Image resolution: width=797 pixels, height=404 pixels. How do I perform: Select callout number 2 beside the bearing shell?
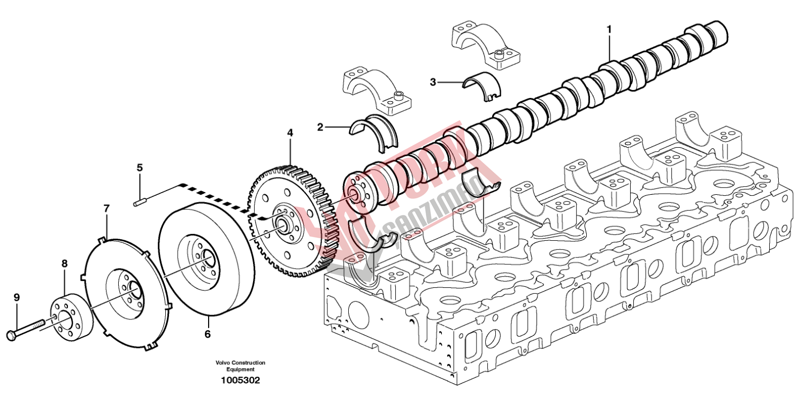(320, 127)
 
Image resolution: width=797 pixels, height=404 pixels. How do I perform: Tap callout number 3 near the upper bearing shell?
(433, 82)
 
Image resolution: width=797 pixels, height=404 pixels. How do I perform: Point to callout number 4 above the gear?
(290, 132)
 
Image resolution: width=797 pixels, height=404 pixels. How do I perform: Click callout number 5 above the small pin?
(140, 168)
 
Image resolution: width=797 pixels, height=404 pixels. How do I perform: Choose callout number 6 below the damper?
(208, 334)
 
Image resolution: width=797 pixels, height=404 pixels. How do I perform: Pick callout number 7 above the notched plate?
(106, 208)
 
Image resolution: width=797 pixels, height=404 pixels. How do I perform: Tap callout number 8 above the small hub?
(65, 263)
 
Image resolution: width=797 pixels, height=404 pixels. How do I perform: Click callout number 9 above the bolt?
(17, 297)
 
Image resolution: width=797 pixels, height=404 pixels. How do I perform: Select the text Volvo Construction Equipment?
(241, 366)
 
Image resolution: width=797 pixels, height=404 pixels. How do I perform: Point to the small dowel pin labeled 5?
(140, 202)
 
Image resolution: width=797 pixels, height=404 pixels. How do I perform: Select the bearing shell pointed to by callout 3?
(482, 84)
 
